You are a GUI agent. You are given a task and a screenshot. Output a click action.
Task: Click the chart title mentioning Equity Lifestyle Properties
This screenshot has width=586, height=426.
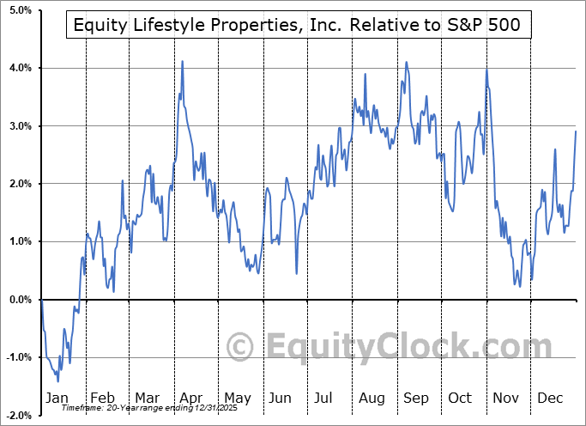pos(297,27)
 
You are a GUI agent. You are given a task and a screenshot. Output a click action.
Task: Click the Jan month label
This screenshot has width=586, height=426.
pos(57,398)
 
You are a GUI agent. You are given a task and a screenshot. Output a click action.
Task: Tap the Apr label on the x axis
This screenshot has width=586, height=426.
pos(190,398)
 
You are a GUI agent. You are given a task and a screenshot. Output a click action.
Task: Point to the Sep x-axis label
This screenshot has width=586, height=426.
pos(416,398)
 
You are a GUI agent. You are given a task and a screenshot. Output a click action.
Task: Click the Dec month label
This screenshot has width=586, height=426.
pos(551,398)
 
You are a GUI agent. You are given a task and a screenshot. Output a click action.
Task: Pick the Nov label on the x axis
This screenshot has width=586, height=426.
pos(507,398)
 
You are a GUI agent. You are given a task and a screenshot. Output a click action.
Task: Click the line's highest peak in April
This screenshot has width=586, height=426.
pos(183,61)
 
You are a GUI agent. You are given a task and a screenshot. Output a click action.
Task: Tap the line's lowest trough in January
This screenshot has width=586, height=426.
pos(57,381)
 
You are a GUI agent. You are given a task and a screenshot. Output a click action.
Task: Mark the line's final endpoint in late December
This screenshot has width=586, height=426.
pos(576,131)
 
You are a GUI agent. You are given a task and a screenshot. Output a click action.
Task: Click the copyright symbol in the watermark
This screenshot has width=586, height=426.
pos(241,347)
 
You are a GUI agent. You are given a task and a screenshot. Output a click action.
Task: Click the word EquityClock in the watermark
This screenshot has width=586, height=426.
pos(408,347)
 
